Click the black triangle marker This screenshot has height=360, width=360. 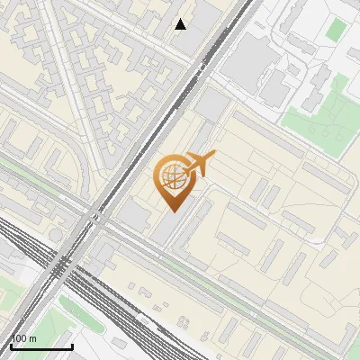(x=181, y=24)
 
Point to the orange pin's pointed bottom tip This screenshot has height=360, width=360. (x=171, y=212)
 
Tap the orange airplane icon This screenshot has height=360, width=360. (x=200, y=164)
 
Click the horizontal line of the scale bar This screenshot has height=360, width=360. (x=41, y=346)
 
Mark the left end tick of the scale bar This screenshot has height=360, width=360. (x=11, y=345)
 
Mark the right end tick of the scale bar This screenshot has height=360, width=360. (x=72, y=345)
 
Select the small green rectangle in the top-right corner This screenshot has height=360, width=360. (x=335, y=29)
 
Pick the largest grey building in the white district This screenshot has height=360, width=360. (x=256, y=56)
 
